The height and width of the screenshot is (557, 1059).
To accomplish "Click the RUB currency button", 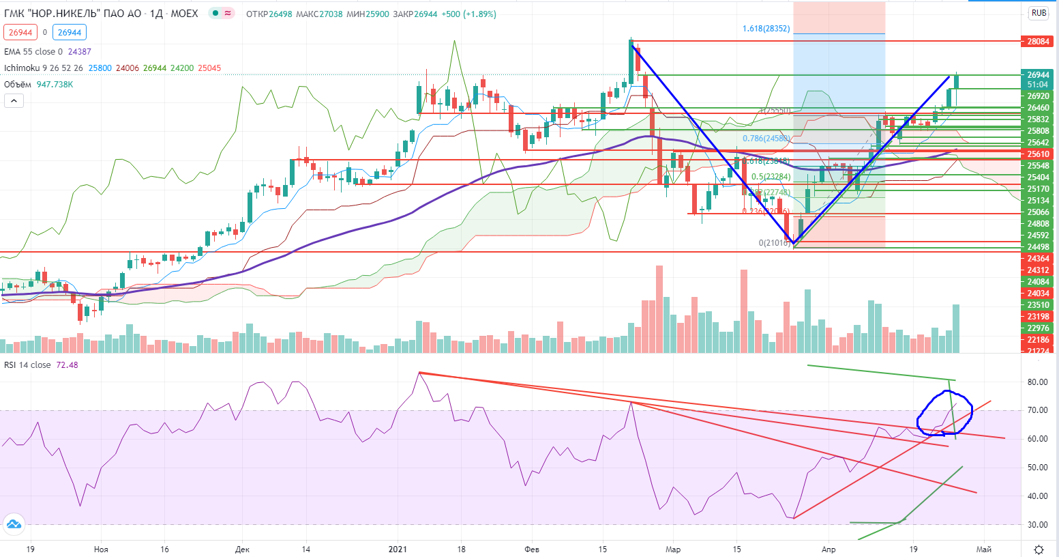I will (x=1039, y=13).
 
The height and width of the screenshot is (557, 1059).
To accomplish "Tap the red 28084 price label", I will (x=1038, y=42).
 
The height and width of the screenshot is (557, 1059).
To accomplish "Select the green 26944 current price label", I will (x=1038, y=75).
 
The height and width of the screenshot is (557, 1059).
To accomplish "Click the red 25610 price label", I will (x=1038, y=154).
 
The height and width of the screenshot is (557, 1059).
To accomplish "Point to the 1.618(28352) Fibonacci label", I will (x=766, y=29).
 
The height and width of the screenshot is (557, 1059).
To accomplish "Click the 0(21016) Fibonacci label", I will (x=774, y=243).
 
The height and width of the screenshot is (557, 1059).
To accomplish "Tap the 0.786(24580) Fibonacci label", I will (x=766, y=139).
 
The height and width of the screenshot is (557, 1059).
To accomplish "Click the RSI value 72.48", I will (x=67, y=365).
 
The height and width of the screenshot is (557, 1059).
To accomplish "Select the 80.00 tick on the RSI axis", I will (x=1037, y=382).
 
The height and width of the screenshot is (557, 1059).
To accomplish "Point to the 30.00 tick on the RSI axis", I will (x=1037, y=525).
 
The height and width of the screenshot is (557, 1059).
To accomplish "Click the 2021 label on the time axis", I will (x=398, y=549).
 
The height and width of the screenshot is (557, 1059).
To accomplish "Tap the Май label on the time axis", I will (x=983, y=549).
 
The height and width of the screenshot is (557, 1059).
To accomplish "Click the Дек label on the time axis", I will (x=242, y=549).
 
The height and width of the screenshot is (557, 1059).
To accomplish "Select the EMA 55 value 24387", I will (x=79, y=52).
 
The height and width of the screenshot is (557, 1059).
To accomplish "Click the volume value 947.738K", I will (x=55, y=85).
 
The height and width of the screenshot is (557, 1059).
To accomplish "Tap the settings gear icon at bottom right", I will (x=1039, y=549).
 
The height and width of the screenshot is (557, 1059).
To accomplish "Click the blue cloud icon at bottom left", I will (x=14, y=524).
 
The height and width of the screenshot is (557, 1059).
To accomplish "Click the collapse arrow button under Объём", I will (x=14, y=101).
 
